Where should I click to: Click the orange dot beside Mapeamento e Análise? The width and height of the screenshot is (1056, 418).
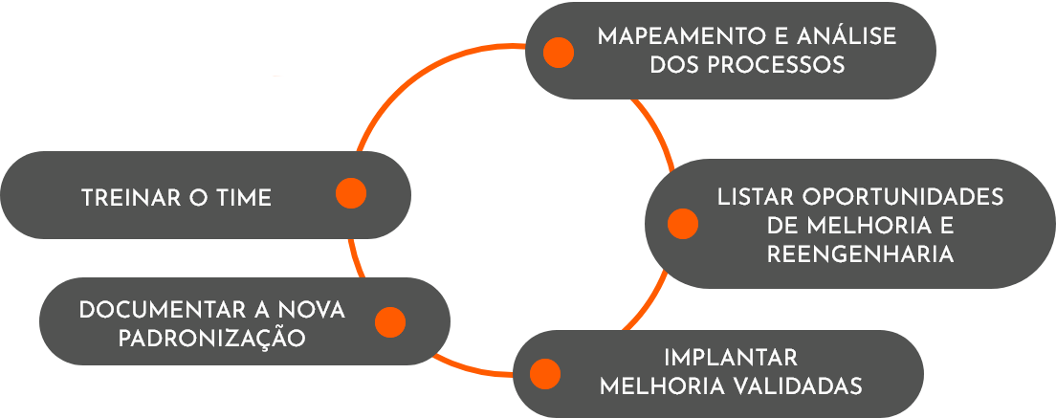point(559,52)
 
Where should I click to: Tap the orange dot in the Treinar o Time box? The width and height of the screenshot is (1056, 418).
point(351,193)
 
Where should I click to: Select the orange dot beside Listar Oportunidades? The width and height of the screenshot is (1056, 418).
point(682,224)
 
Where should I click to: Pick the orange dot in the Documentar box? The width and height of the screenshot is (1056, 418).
point(390,322)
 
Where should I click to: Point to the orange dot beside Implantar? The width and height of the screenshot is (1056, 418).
point(544,373)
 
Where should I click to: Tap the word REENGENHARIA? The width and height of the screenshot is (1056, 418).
point(860,255)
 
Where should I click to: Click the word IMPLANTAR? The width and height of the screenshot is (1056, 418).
point(731,359)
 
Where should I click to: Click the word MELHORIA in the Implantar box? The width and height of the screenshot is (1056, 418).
point(660,386)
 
